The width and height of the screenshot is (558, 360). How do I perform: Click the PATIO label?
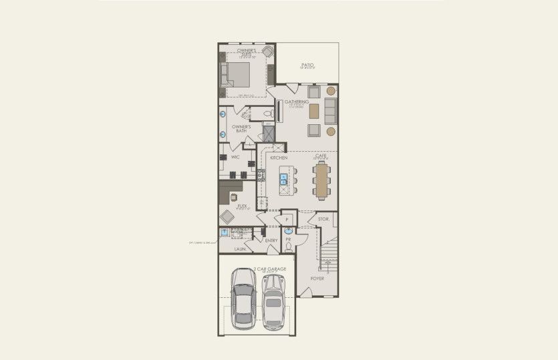(x=307, y=65)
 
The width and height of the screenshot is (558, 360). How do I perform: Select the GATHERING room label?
(x=297, y=102)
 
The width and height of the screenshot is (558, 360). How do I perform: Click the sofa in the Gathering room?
(x=331, y=110)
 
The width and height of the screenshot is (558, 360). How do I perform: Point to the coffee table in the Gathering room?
(x=314, y=111)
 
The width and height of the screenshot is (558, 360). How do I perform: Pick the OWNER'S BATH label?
(x=241, y=128)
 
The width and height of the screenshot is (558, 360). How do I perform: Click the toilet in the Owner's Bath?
(x=267, y=116)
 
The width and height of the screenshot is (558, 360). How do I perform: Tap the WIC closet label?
(x=235, y=157)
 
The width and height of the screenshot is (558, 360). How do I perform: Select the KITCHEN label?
(x=279, y=158)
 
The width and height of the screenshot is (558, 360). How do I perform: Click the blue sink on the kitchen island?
(x=283, y=178)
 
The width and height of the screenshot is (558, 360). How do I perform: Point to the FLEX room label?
(x=243, y=206)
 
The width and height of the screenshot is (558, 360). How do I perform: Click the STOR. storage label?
(x=323, y=219)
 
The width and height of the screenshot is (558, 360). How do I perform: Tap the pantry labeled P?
(x=287, y=219)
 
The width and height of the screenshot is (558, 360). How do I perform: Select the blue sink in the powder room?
(x=288, y=231)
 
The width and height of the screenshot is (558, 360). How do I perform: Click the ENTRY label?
(x=271, y=240)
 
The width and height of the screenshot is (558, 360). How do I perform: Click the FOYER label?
(x=317, y=278)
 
